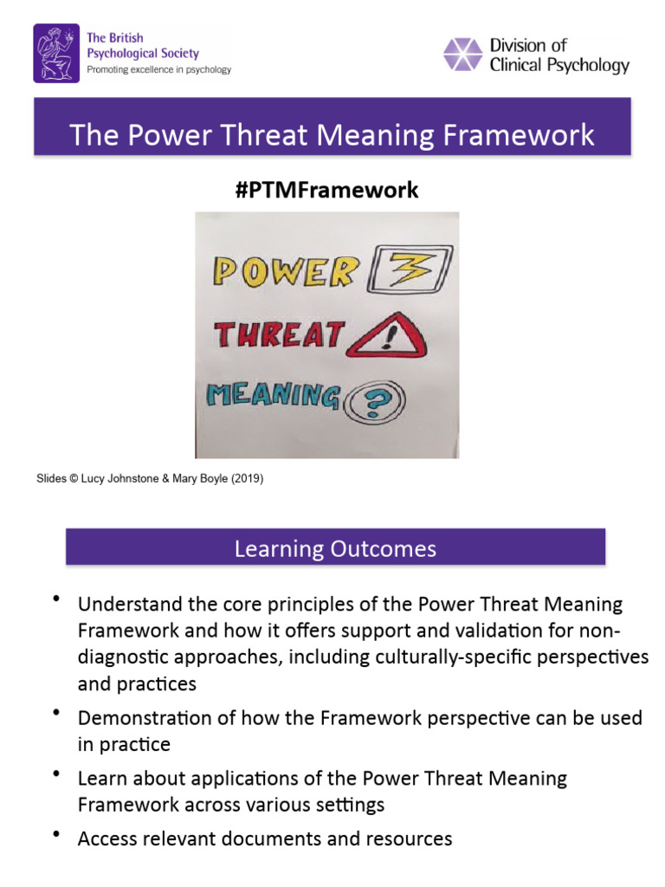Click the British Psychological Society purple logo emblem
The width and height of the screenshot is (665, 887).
point(57,53)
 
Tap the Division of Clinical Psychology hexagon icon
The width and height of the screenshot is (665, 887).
point(463,54)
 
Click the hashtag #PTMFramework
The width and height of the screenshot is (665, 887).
point(326,190)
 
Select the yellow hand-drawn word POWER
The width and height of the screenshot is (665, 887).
point(285,271)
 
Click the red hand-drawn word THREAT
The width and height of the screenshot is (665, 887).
point(280,335)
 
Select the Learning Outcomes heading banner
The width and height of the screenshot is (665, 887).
point(335,548)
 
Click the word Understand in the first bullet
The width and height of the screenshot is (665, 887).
point(126,604)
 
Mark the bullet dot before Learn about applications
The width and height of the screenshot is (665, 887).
point(56,773)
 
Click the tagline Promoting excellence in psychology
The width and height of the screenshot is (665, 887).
point(158,69)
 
